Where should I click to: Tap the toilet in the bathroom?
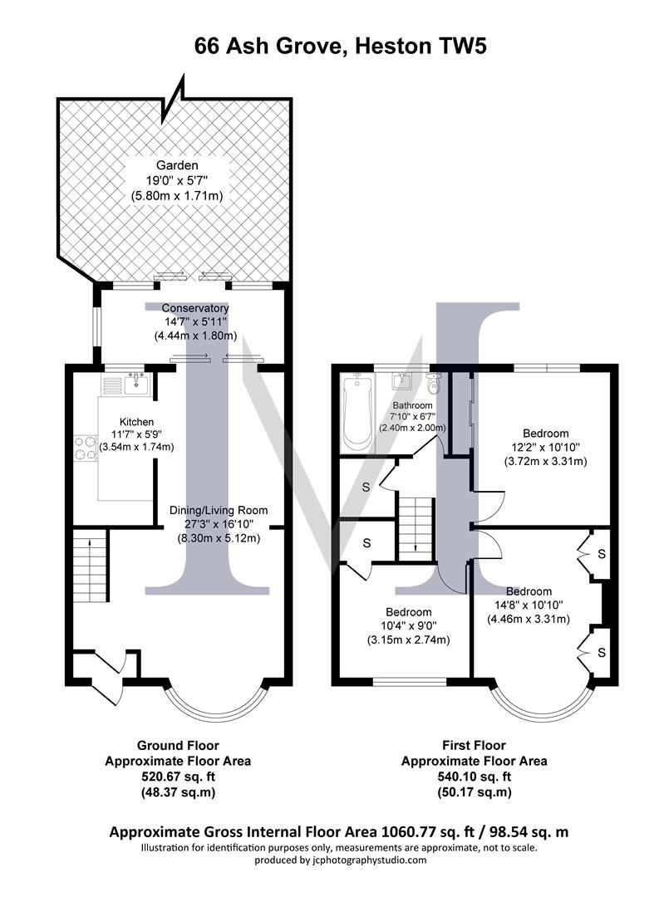point(433,385)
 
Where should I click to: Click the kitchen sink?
point(135,384)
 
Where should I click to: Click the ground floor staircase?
point(90,569)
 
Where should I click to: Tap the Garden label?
point(178,165)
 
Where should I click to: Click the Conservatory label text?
point(195,308)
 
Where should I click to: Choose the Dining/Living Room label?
point(219,510)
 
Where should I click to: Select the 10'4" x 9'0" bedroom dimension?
point(407,626)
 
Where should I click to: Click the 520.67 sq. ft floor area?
point(177,777)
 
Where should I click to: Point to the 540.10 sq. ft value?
point(474,777)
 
